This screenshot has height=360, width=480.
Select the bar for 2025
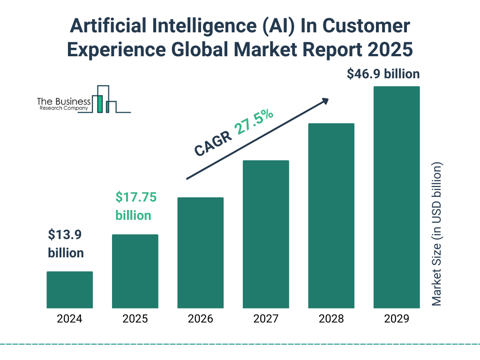point(135,271)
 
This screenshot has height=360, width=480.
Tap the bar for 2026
point(200,253)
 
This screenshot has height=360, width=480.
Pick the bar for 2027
point(266,234)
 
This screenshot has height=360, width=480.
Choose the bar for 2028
point(331,216)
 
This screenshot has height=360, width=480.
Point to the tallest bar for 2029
point(397,197)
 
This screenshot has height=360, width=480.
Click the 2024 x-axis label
point(69,319)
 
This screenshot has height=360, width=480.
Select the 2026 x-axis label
point(200,319)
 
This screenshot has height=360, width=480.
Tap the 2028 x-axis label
point(331,319)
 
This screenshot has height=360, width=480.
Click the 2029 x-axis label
point(397,319)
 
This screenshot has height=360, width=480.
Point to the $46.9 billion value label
point(383,74)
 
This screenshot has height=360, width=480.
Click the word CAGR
point(213,143)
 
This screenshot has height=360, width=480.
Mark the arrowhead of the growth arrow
point(325,101)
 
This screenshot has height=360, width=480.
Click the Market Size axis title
point(437,234)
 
